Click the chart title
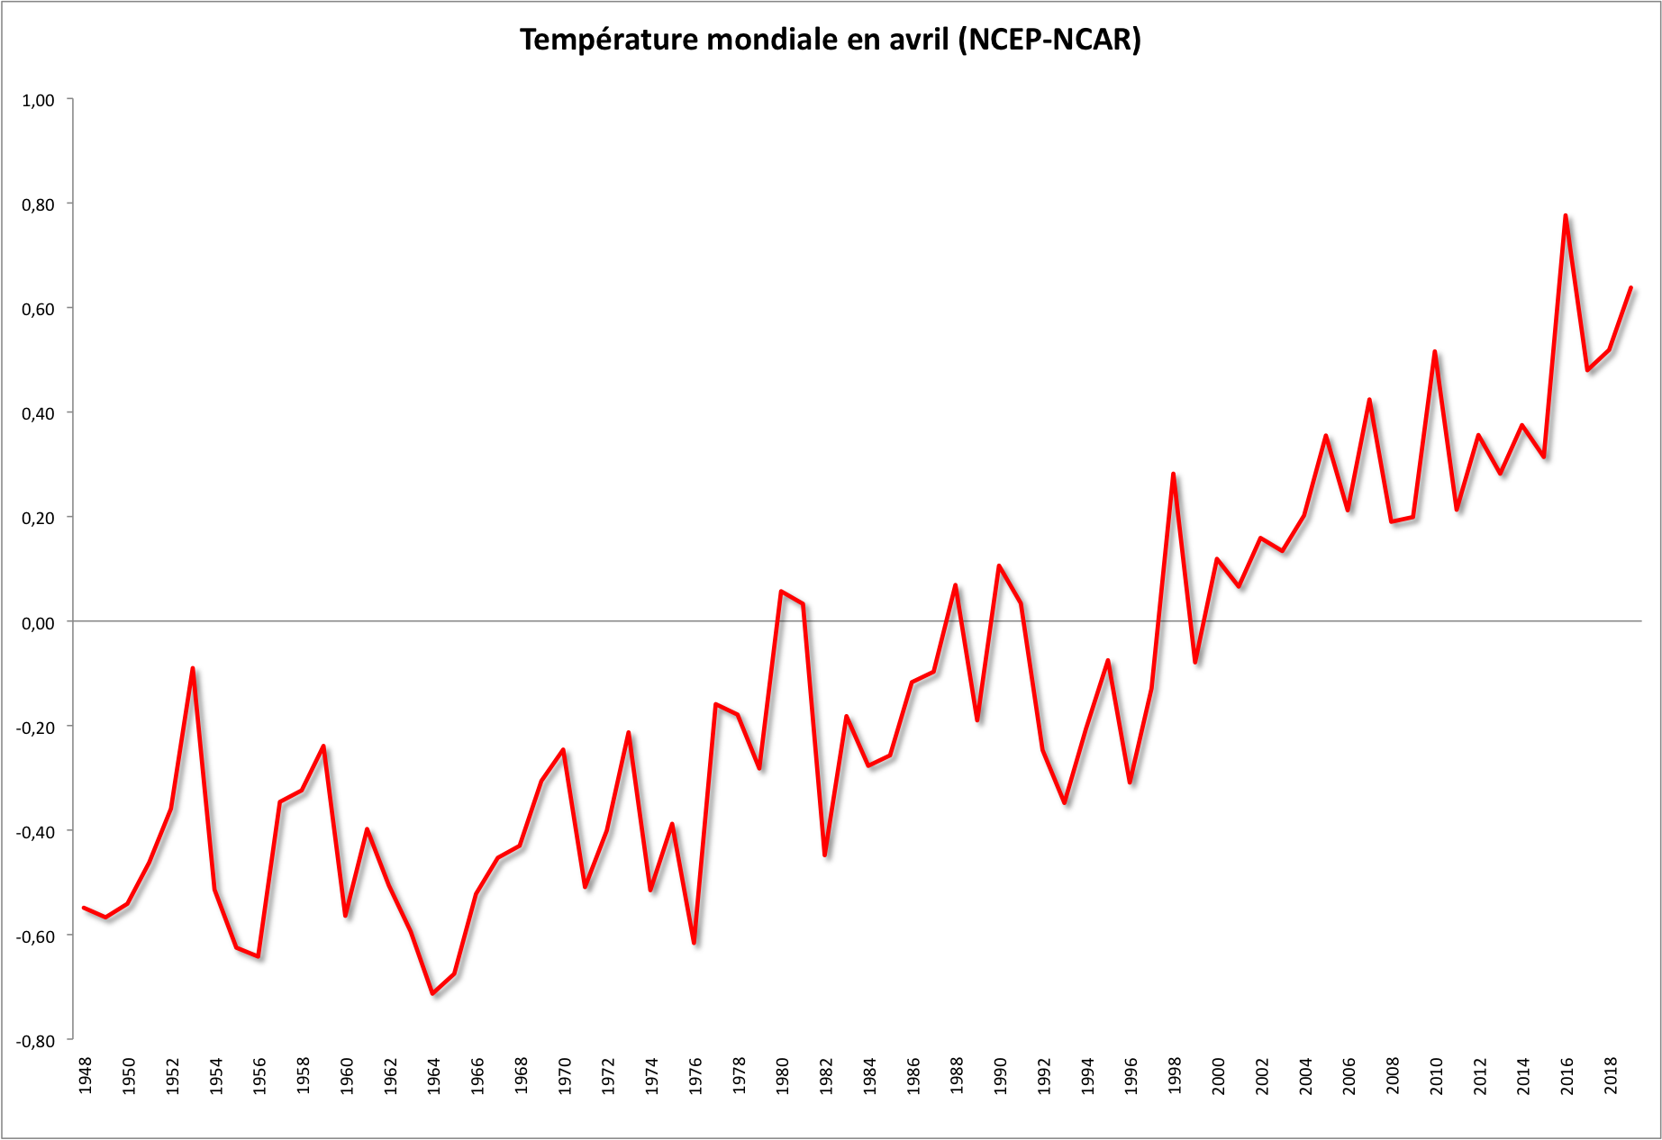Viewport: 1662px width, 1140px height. [830, 40]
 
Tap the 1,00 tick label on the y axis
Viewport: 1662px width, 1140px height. [38, 100]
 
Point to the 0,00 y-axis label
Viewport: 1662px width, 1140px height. [38, 622]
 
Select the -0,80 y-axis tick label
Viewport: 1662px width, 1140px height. [35, 1040]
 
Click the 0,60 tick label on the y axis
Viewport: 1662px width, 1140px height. [38, 309]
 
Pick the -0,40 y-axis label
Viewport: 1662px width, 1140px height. [35, 831]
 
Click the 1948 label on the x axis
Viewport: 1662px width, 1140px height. [86, 1075]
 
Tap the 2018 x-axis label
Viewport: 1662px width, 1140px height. [1611, 1075]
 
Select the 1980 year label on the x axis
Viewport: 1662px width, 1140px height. [783, 1075]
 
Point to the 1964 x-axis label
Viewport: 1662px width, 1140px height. [434, 1075]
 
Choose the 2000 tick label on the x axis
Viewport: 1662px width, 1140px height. [1219, 1075]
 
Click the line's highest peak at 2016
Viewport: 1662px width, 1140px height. [1566, 215]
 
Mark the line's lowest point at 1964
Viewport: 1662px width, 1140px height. [433, 993]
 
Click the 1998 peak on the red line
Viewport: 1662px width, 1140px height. [1173, 474]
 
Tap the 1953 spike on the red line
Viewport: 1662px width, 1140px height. [193, 668]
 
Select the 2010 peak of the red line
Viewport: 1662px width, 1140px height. [1434, 351]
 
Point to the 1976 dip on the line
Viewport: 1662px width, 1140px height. [695, 943]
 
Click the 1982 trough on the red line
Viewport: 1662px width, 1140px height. [825, 855]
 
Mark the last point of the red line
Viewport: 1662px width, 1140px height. [1630, 288]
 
